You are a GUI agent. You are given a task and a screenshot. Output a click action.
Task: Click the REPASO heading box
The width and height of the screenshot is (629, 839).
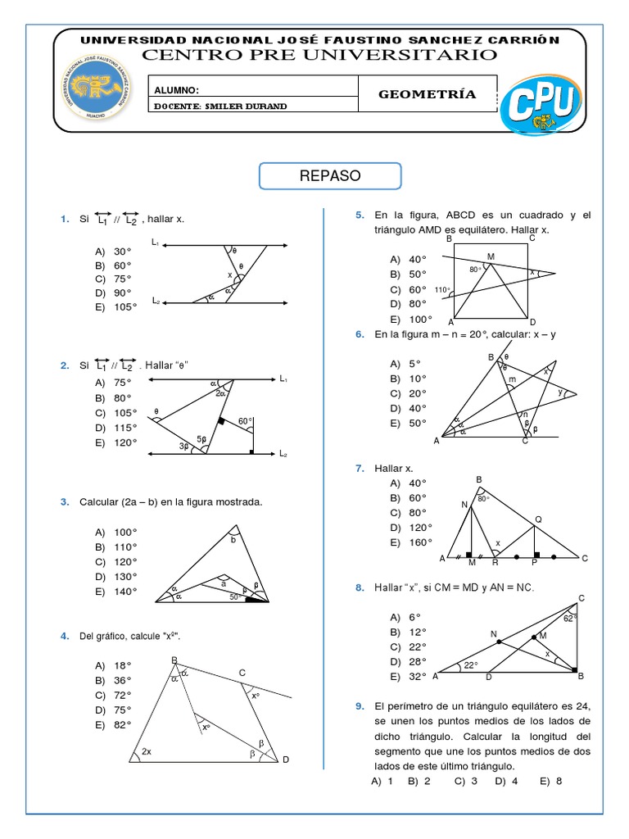tap(330, 176)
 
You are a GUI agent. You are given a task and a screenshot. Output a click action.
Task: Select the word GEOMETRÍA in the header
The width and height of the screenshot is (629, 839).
tap(427, 94)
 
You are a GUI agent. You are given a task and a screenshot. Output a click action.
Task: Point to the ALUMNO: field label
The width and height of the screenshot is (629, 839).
tap(176, 91)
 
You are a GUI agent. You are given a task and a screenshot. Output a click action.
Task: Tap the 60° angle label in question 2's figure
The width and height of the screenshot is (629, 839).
tap(245, 421)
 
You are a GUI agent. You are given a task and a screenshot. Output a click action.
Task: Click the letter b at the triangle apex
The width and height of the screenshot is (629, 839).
tap(232, 540)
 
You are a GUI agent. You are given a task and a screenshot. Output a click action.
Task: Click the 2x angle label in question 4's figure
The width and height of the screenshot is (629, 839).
tap(147, 751)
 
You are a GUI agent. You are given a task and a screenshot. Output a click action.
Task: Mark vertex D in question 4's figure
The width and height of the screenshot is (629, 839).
tap(286, 761)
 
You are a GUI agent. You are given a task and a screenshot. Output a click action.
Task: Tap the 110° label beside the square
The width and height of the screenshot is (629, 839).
tap(442, 290)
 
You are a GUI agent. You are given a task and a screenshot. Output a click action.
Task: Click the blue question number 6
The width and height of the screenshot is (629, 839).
tap(359, 334)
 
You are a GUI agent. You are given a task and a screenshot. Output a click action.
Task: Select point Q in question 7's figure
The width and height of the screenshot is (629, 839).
tap(538, 519)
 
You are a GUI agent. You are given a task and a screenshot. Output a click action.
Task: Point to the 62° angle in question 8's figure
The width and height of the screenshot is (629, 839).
tap(569, 619)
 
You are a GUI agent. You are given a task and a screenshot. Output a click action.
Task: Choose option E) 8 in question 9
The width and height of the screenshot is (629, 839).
tap(550, 781)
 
